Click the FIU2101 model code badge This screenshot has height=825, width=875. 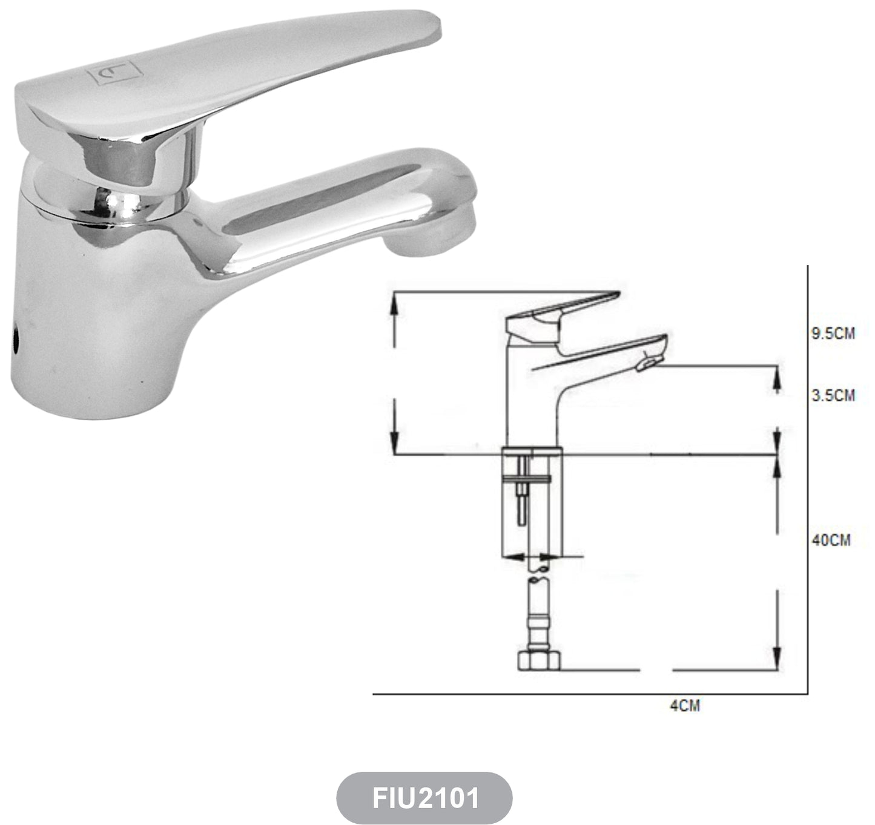tap(424, 798)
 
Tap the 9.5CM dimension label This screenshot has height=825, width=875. tap(833, 334)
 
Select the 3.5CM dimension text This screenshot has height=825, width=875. tap(833, 395)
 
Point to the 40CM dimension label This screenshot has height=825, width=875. tap(831, 540)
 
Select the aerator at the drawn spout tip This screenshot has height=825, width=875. tap(648, 364)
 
